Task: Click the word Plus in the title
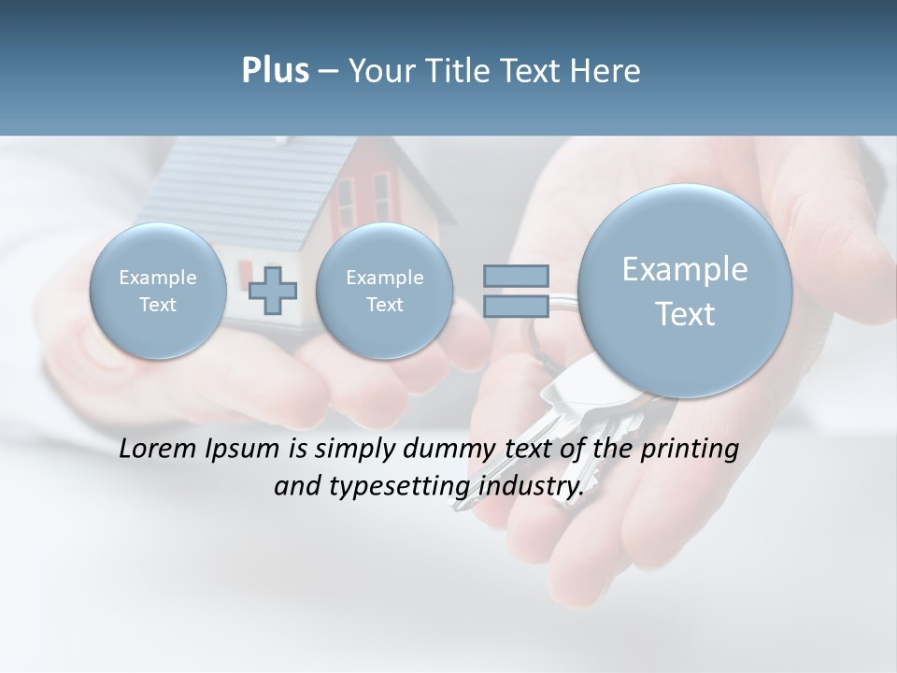pos(275,71)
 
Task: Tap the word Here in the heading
pos(605,71)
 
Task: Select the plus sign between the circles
pos(273,290)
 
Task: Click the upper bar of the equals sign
pos(516,276)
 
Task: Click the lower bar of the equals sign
pos(516,307)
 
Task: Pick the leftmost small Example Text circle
pos(158,291)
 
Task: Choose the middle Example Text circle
pos(384,291)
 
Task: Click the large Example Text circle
pos(685,291)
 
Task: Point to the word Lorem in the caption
pos(157,449)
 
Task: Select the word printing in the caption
pos(689,450)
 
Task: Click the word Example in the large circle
pos(685,269)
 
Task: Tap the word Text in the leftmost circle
pos(158,305)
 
